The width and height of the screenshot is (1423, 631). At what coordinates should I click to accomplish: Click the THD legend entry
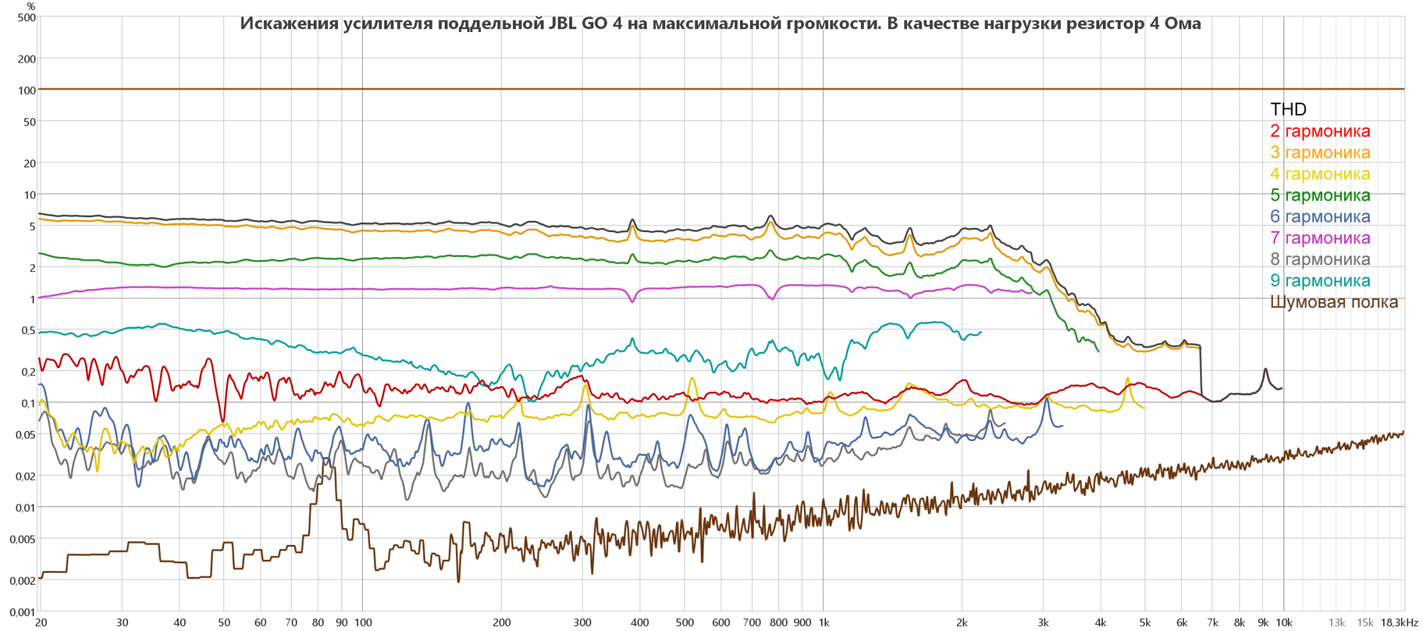click(x=1288, y=109)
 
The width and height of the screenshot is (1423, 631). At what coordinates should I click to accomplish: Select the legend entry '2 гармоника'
click(x=1320, y=131)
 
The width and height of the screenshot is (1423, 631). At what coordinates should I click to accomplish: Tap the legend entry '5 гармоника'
click(x=1320, y=195)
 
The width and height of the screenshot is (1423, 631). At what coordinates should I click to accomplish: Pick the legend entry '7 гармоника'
click(x=1320, y=238)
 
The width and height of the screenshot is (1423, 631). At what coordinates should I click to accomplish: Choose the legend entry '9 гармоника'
click(x=1320, y=281)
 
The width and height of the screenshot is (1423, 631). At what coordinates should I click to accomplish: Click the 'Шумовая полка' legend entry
click(x=1333, y=302)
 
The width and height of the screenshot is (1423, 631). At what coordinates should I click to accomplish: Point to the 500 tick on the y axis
click(x=27, y=17)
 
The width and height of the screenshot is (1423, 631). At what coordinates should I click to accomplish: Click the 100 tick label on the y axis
click(x=27, y=90)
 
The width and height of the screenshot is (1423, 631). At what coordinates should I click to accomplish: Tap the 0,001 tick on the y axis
click(x=22, y=612)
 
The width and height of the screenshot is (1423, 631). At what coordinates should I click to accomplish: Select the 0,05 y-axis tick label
click(x=26, y=434)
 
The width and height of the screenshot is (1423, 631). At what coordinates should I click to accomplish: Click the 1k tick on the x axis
click(x=824, y=622)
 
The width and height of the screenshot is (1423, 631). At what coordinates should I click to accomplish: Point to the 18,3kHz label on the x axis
click(x=1399, y=622)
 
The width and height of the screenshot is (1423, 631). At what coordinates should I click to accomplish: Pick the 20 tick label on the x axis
click(x=41, y=622)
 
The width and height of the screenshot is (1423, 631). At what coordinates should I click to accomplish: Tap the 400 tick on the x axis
click(x=640, y=622)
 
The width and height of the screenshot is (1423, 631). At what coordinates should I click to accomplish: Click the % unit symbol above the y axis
click(x=31, y=6)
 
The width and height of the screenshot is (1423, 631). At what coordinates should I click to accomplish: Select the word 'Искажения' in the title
click(x=289, y=24)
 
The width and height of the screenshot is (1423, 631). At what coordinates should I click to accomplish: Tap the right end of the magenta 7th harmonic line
click(x=1031, y=293)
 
